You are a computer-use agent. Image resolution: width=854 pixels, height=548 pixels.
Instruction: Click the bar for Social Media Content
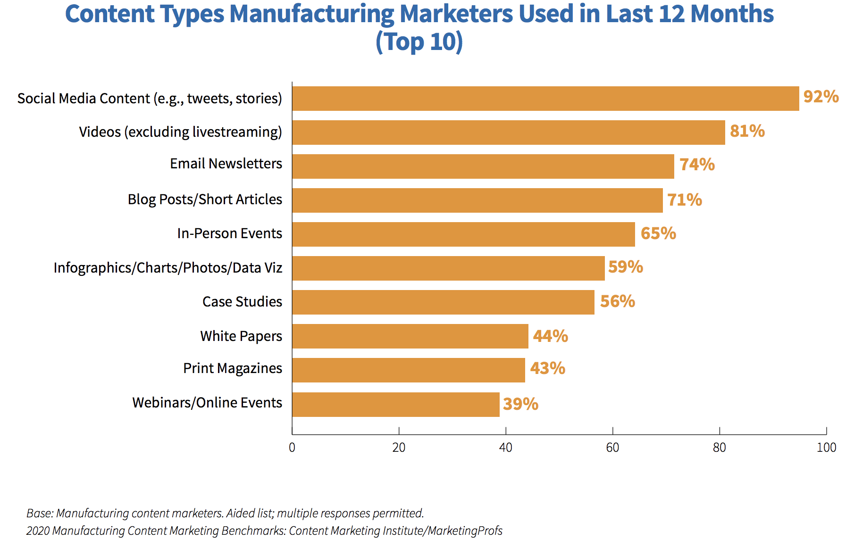tap(545, 99)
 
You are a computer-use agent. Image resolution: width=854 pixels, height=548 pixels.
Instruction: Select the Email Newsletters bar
tap(483, 166)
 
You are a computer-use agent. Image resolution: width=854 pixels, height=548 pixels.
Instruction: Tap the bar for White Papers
tap(410, 336)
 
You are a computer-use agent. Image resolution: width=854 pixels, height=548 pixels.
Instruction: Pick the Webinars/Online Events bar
tap(395, 404)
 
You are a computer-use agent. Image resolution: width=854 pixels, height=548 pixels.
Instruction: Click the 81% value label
tap(747, 131)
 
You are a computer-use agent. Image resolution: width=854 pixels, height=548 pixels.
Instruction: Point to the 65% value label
tap(658, 233)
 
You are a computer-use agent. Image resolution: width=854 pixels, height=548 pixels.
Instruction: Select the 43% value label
tap(547, 368)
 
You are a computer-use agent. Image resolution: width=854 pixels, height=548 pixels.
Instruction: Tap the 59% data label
tap(625, 267)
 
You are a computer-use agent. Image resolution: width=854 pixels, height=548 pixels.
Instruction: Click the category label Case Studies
tap(242, 302)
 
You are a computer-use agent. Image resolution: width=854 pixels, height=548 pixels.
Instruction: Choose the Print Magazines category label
tap(233, 368)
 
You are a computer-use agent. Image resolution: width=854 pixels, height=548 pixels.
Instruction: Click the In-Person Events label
tap(229, 233)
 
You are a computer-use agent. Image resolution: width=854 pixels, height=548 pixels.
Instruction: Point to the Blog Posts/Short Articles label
tap(205, 199)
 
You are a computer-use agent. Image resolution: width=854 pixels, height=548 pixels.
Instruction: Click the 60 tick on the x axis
tap(612, 448)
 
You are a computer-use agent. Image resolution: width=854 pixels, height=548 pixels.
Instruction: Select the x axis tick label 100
tap(826, 448)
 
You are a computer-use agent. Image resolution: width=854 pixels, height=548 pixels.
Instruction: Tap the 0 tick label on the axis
tap(292, 448)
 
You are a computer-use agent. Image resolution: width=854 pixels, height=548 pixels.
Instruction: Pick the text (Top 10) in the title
tap(419, 42)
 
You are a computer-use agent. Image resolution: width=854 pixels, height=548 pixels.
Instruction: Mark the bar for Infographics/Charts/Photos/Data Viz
tap(448, 268)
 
